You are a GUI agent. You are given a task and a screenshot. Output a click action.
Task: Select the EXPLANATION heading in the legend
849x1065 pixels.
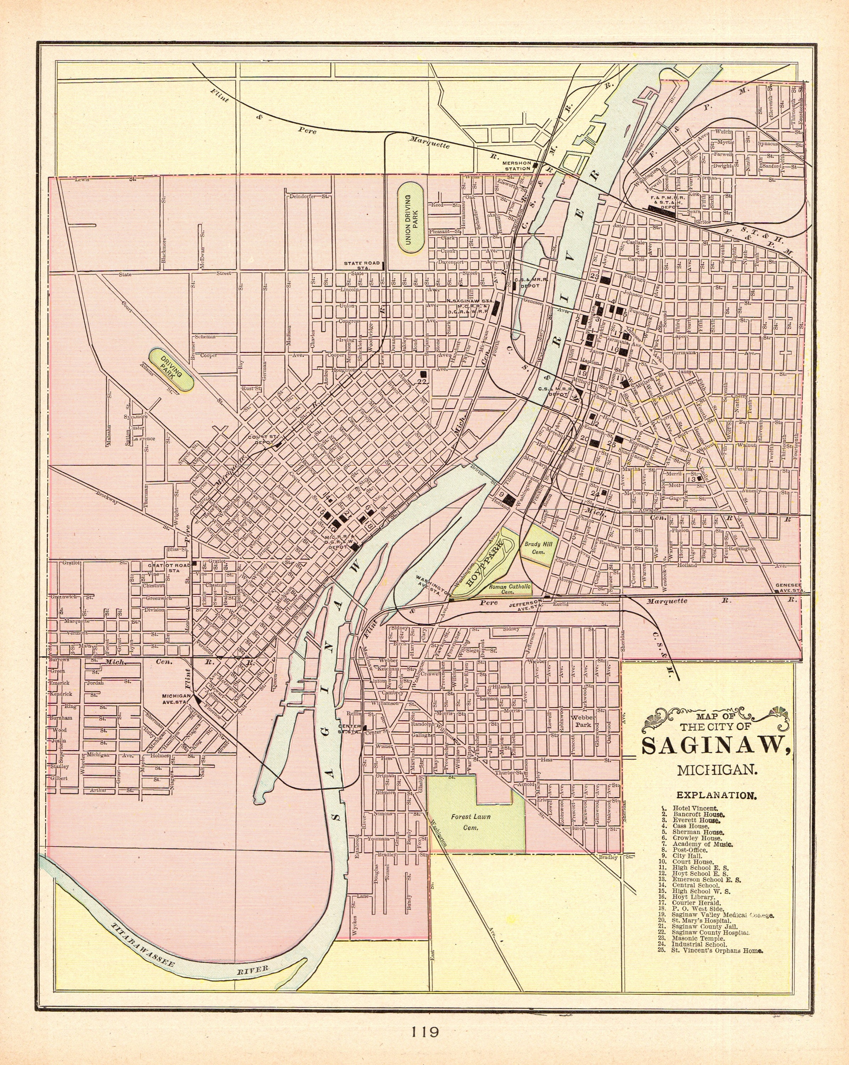pyautogui.click(x=716, y=795)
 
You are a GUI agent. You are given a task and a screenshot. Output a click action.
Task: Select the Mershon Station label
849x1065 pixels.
pyautogui.click(x=517, y=165)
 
